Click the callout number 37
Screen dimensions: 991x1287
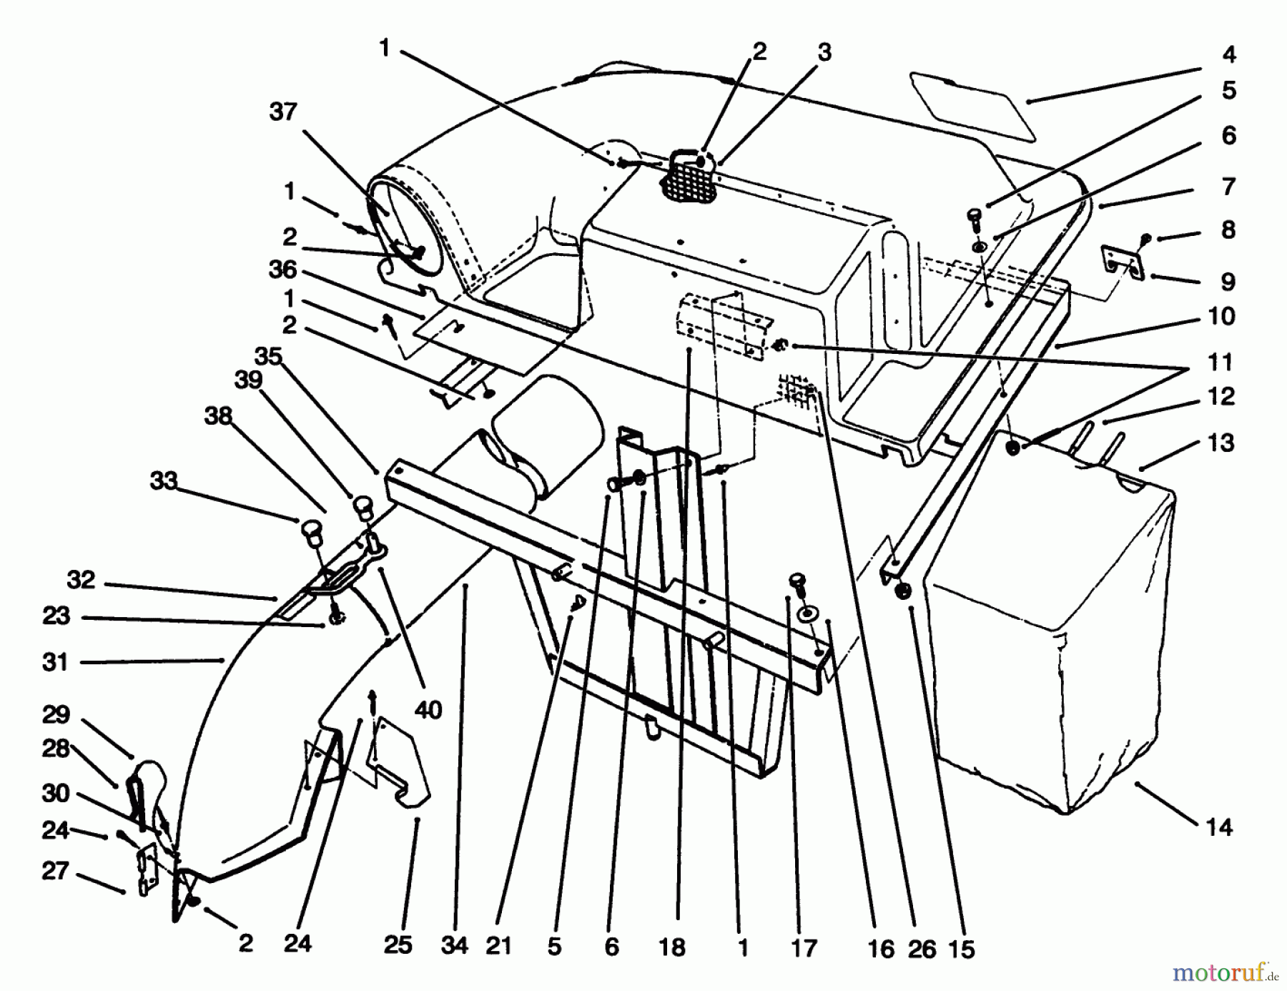coord(283,112)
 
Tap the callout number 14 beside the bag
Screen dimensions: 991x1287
coord(1219,827)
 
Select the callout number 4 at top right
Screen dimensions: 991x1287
coord(1228,54)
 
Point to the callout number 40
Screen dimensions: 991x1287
coord(428,710)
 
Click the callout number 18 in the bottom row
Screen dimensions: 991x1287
coord(671,947)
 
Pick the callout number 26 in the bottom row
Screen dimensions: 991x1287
coord(922,949)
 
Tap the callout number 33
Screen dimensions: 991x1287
coord(163,480)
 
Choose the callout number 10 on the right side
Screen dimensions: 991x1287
coord(1221,316)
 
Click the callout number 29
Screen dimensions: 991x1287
coord(56,714)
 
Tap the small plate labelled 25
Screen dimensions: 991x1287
coord(400,772)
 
